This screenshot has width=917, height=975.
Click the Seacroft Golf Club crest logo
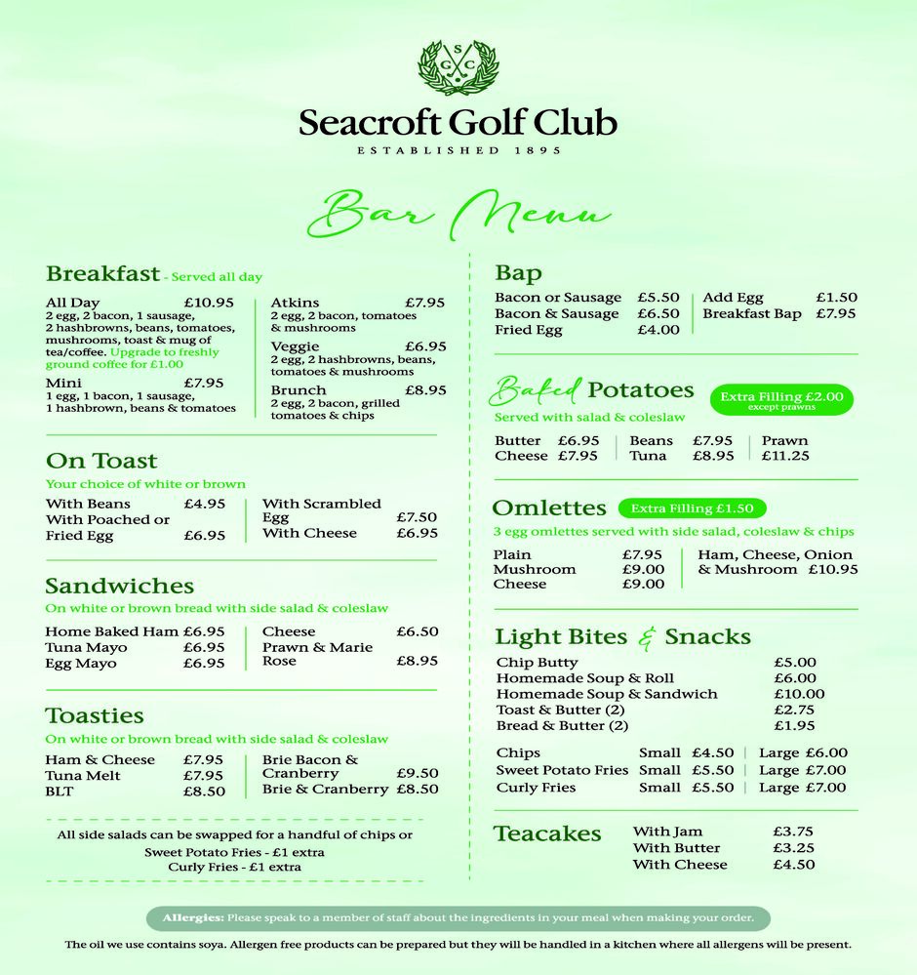click(x=458, y=67)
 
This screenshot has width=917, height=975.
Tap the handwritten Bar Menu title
click(x=458, y=212)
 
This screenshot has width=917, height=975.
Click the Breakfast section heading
click(x=102, y=274)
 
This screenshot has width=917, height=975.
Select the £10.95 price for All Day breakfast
click(x=209, y=303)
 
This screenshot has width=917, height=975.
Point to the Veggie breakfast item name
click(x=295, y=346)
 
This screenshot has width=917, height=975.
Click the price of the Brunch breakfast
click(x=425, y=390)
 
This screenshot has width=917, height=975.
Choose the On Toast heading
click(x=101, y=461)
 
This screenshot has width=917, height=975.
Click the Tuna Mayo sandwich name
click(x=86, y=648)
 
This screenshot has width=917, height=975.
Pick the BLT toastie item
click(x=60, y=792)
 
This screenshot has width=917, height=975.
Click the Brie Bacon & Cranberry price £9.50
click(x=417, y=773)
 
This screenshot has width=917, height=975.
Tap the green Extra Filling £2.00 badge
click(x=781, y=399)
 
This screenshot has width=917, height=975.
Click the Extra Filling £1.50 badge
click(x=692, y=508)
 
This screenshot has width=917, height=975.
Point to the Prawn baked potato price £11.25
click(x=785, y=456)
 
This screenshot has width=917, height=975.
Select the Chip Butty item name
click(x=537, y=663)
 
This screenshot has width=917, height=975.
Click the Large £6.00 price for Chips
click(x=826, y=753)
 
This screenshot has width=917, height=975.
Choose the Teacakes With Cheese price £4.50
click(x=793, y=865)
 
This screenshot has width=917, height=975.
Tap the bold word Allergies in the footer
click(x=193, y=918)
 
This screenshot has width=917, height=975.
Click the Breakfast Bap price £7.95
click(x=836, y=314)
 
